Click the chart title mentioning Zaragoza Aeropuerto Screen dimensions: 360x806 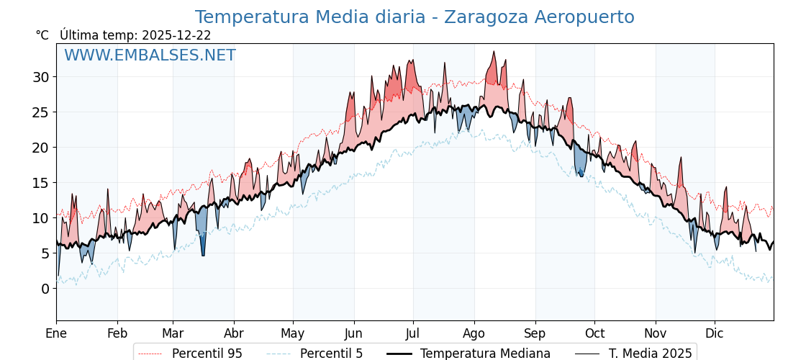click(415, 17)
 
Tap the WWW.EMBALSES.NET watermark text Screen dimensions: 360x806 click(150, 55)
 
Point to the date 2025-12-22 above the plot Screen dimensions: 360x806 click(176, 35)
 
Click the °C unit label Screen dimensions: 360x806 click(42, 35)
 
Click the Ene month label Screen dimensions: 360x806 click(56, 333)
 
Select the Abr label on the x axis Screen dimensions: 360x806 click(234, 333)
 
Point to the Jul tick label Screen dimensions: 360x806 click(413, 333)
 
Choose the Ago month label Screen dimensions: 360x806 click(474, 333)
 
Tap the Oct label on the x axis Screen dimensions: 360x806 click(594, 333)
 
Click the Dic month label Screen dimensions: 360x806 click(715, 333)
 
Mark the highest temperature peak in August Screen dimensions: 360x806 click(494, 52)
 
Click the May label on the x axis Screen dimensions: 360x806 click(293, 333)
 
